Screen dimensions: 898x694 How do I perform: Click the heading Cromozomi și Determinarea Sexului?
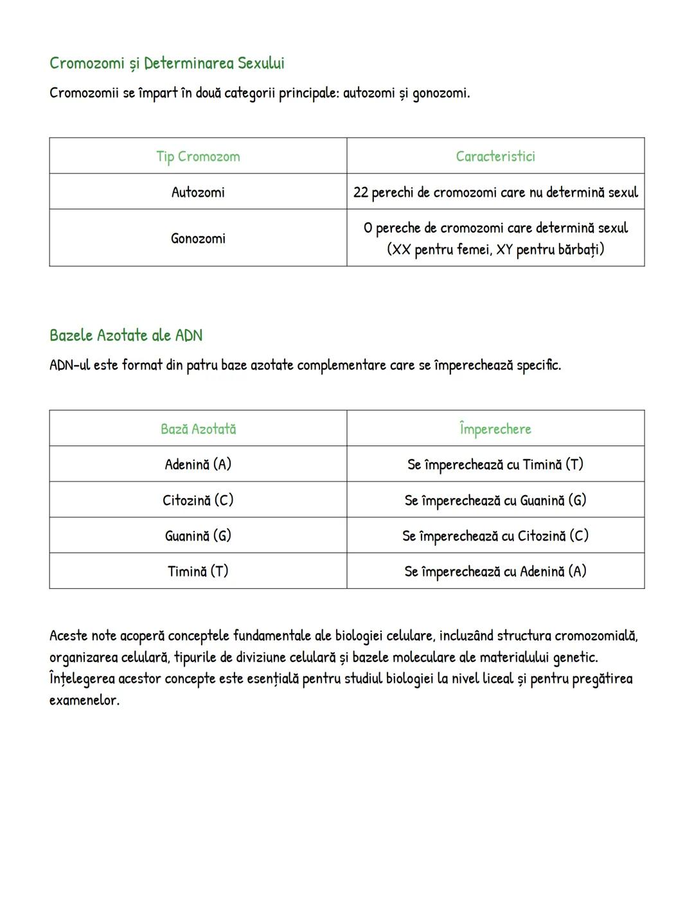click(166, 63)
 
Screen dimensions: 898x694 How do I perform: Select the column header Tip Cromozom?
click(198, 156)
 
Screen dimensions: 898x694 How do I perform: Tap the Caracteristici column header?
click(495, 156)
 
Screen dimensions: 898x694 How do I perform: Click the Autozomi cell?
click(198, 192)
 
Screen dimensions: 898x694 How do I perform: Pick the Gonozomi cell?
click(198, 238)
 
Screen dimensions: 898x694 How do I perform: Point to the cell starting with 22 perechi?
click(495, 192)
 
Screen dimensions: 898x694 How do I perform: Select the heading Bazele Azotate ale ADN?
click(126, 336)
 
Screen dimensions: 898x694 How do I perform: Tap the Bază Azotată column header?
click(198, 429)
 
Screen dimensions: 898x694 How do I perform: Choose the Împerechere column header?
click(495, 429)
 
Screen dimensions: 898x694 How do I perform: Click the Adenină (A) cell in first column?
click(198, 464)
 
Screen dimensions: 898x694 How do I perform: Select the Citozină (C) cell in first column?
click(198, 500)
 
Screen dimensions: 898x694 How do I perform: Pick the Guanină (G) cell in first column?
click(198, 535)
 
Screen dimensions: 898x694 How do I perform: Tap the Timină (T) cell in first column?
click(198, 571)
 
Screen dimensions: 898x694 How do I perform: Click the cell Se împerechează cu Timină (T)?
click(495, 464)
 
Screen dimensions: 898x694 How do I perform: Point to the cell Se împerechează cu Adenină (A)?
click(495, 571)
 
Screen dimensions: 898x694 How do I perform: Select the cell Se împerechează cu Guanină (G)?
click(495, 500)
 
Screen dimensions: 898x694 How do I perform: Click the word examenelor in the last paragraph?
click(84, 700)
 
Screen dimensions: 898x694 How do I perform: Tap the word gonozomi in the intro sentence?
click(440, 93)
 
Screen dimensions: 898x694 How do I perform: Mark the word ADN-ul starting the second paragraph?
click(69, 365)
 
